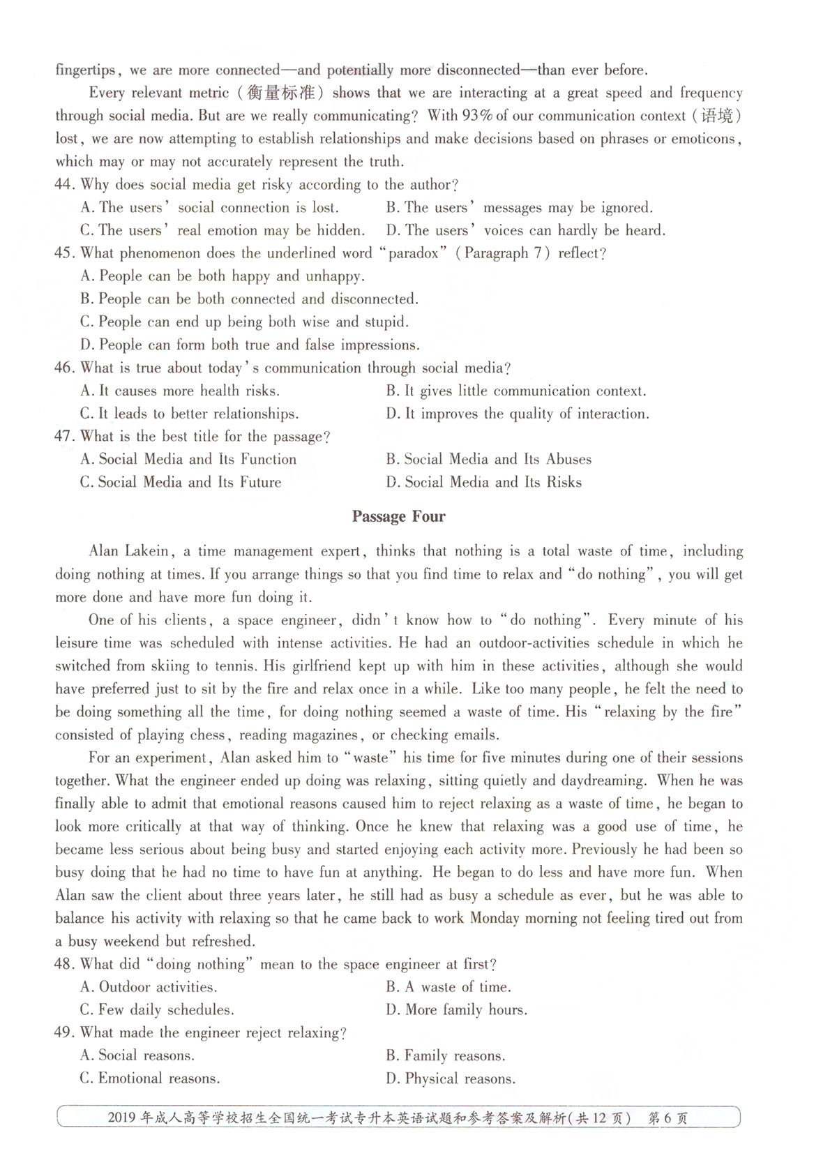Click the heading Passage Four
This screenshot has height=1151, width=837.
398,517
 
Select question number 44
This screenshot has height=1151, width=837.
64,185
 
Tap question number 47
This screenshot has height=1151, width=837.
64,437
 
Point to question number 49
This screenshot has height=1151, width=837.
64,1032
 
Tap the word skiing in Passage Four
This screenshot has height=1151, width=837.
170,666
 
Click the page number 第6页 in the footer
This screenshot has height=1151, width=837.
668,1118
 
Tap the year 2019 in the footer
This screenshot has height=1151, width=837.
123,1118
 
